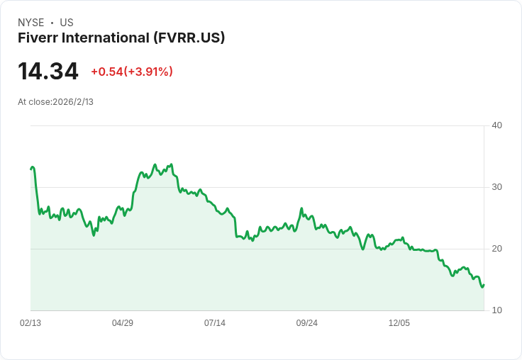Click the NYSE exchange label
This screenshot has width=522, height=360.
point(30,23)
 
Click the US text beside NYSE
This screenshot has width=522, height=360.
point(67,23)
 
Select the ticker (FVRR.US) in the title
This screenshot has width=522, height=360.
point(189,38)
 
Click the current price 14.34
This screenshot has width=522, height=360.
point(48,72)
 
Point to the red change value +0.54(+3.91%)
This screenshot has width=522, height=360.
point(132,72)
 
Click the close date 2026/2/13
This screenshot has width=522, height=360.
point(73,102)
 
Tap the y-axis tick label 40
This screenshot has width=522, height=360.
point(496,125)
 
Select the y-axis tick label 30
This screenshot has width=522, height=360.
point(496,187)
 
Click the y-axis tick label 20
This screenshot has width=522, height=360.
point(496,249)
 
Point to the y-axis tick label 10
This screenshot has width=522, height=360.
point(496,310)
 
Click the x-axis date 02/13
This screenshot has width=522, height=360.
point(30,323)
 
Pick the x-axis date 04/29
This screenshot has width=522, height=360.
point(123,323)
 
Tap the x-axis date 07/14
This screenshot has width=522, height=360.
point(215,323)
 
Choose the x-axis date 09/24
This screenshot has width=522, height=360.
point(307,323)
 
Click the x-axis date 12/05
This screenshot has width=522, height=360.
point(399,323)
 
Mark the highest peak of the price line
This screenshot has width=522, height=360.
point(155,164)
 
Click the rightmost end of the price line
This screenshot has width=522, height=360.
point(484,285)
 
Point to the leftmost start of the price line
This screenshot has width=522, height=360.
point(30,169)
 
